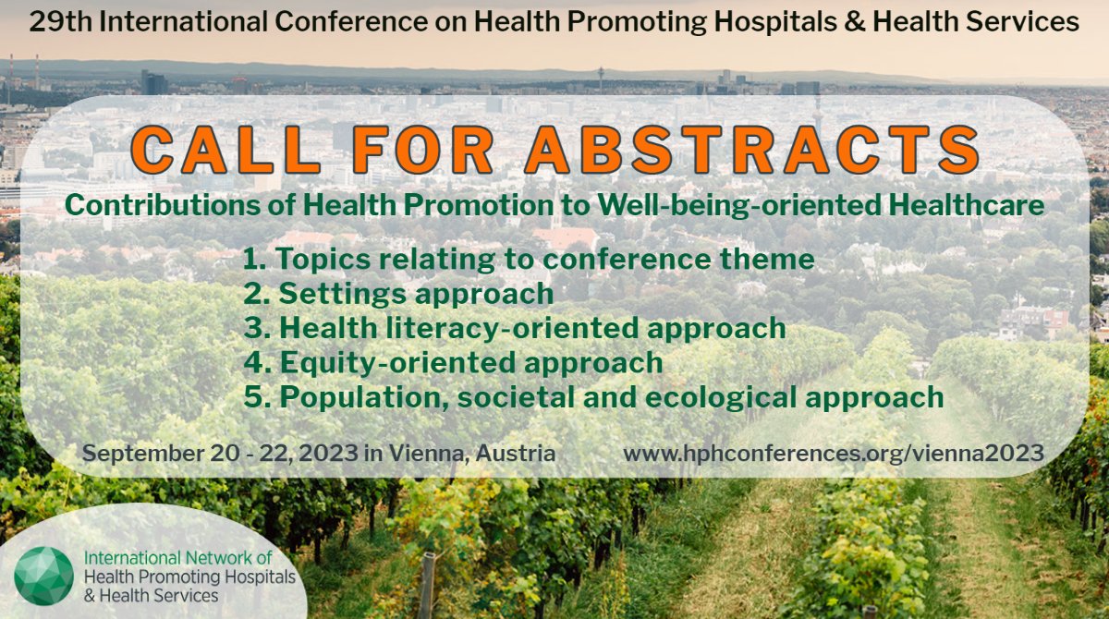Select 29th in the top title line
coord(58,21)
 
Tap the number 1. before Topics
coord(255,260)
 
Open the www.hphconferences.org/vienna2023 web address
coord(833,454)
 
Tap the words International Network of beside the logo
coord(178,559)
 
